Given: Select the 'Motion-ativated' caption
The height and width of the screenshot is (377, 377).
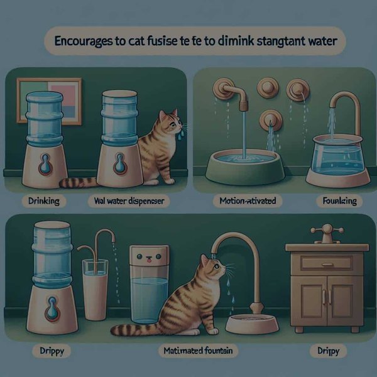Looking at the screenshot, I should pos(245,202).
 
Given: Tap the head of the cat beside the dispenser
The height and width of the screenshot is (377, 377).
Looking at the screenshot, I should pos(168,121).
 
